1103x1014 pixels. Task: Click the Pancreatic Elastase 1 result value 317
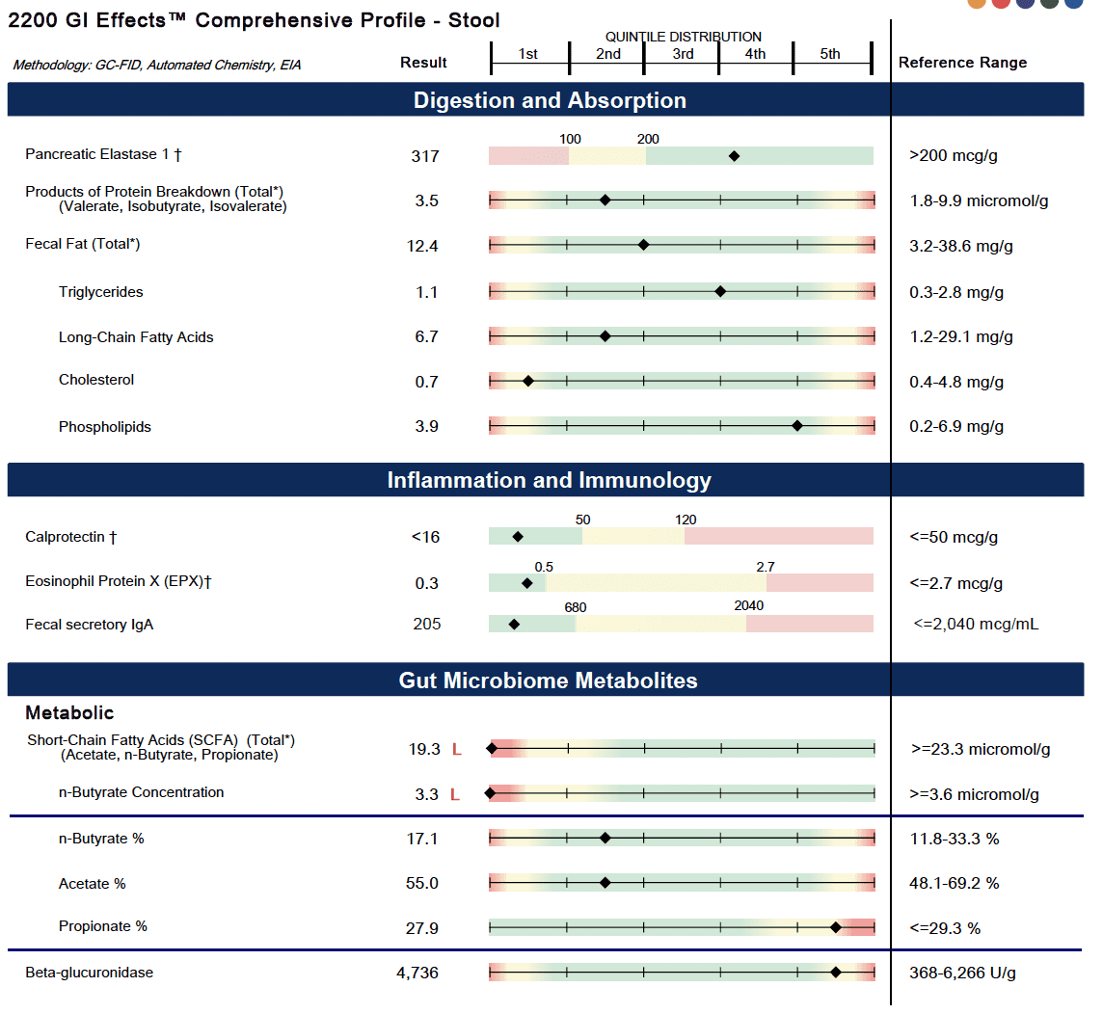point(424,156)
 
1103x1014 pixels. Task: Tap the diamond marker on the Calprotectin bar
point(518,536)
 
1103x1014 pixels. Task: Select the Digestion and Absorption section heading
point(550,100)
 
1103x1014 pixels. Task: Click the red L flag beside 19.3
point(457,749)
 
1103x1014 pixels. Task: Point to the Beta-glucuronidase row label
point(89,973)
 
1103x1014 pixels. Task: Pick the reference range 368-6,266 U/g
point(962,973)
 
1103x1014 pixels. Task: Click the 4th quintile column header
point(755,54)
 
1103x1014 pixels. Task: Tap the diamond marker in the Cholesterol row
point(528,381)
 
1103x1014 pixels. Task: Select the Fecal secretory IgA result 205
point(426,625)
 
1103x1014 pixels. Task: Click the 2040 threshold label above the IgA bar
point(748,606)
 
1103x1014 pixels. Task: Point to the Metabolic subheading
point(69,713)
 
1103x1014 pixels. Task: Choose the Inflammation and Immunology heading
point(550,480)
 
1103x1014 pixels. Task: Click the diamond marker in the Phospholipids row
point(797,425)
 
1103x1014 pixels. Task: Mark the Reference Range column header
point(962,63)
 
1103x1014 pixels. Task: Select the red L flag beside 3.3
point(457,795)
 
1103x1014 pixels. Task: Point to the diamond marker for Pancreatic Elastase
point(734,155)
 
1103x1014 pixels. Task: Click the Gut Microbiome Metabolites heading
point(548,680)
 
